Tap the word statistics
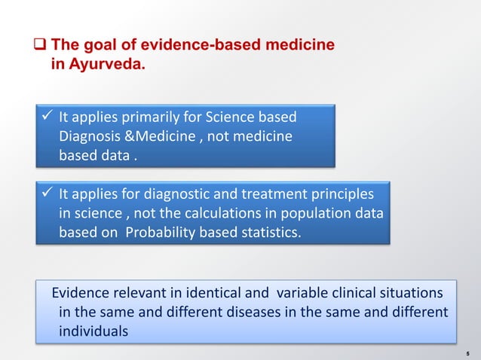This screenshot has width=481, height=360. (267, 233)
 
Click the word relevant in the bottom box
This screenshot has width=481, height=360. (139, 293)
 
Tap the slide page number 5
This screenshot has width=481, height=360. (468, 352)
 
